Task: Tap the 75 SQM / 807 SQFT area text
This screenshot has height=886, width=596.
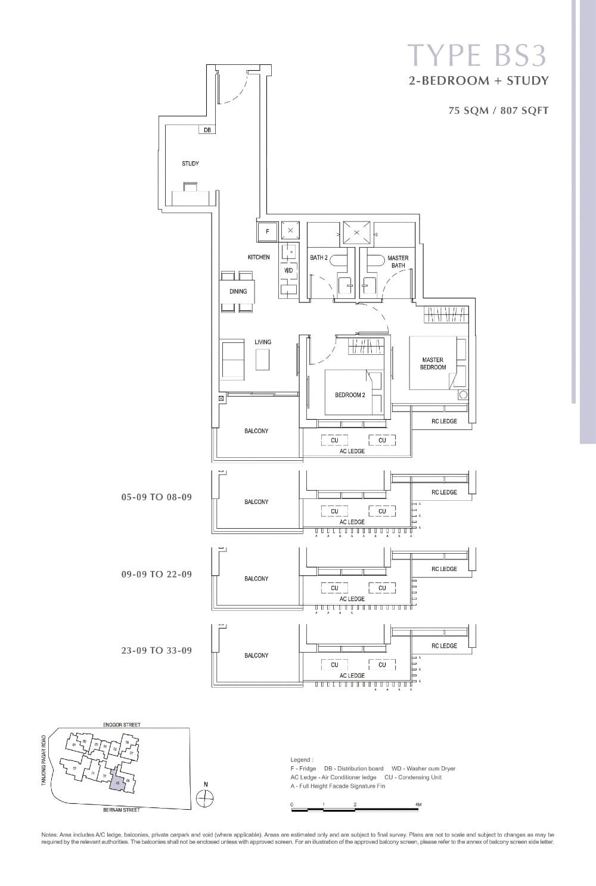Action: [x=498, y=110]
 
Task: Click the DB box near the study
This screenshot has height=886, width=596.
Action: [x=207, y=130]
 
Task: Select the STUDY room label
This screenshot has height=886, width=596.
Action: [x=190, y=164]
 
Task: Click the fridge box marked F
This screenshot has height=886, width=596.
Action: [x=267, y=231]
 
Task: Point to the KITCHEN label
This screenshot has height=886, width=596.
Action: [x=259, y=257]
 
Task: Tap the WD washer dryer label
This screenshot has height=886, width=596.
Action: [x=289, y=270]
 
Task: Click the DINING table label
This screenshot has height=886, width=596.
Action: [x=238, y=291]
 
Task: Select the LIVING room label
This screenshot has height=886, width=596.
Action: [x=263, y=342]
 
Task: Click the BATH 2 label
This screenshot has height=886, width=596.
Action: [x=319, y=258]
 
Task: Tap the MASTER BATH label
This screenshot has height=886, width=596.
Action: [x=398, y=261]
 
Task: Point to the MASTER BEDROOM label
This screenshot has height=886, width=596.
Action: [x=433, y=363]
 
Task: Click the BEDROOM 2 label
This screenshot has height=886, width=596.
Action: [x=350, y=395]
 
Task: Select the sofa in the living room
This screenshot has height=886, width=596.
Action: [x=232, y=360]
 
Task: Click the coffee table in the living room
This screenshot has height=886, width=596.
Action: [x=262, y=360]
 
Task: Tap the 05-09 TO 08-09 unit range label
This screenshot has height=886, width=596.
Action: [x=157, y=497]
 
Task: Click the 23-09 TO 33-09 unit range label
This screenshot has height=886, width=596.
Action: [x=157, y=650]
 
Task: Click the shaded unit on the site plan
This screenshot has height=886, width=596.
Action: [x=117, y=784]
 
